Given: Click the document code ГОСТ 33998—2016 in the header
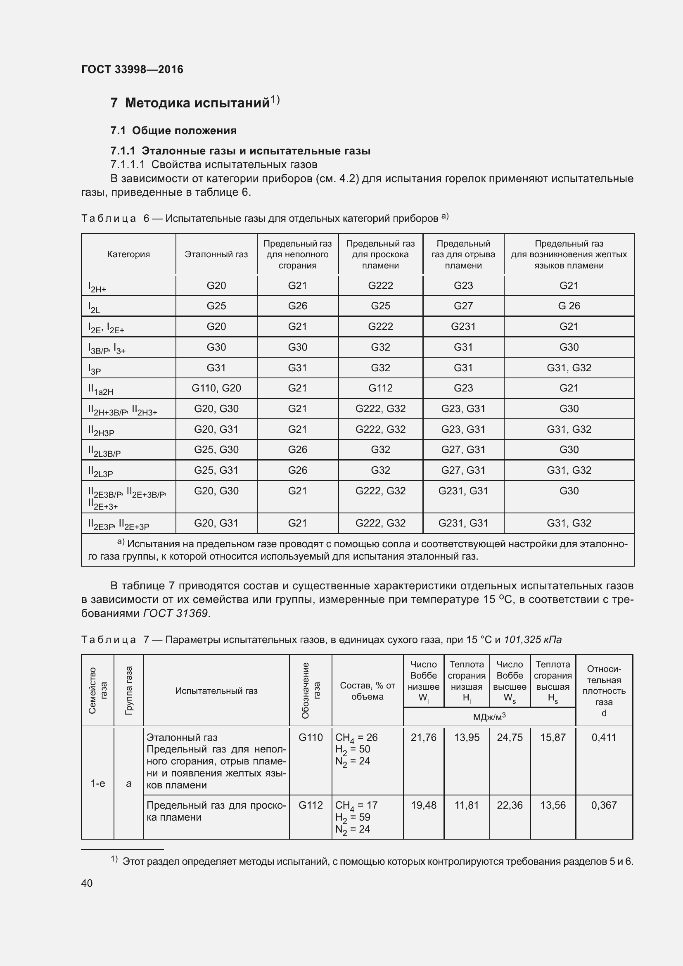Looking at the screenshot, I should [132, 69].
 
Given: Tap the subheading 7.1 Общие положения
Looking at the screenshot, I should [173, 131].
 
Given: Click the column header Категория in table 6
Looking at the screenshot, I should [128, 254].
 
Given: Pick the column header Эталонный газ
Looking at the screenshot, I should [216, 254].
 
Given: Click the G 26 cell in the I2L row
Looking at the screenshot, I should [569, 306].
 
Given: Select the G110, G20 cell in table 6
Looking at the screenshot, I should [216, 388].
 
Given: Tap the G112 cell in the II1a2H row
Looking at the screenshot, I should [380, 388].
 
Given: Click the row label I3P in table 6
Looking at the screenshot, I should [95, 369].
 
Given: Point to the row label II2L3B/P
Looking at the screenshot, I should [104, 451].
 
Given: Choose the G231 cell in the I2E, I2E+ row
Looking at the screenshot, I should [463, 327].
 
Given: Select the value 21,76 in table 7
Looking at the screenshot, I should [424, 738].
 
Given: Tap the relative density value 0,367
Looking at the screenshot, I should [604, 805].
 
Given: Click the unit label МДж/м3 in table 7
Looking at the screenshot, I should [489, 717].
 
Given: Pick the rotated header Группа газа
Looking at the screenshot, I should [129, 691].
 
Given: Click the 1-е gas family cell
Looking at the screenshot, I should [97, 783].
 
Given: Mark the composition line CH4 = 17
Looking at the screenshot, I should [356, 805].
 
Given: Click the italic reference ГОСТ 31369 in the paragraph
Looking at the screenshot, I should [176, 613].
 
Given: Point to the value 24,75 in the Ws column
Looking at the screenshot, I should [509, 738].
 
